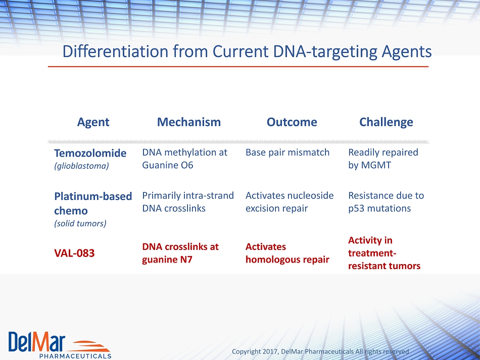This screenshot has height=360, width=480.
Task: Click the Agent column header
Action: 93,122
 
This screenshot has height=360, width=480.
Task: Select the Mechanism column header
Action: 189,122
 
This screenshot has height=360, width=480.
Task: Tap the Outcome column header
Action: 292,122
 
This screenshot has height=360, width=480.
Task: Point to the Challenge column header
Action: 386,122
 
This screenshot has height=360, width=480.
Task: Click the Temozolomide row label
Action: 90,153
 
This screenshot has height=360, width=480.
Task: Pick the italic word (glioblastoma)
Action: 82,166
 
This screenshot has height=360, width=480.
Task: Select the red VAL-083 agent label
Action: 74,253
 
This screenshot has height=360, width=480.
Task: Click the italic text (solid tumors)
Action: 80,223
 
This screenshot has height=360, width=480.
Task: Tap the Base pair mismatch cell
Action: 287,152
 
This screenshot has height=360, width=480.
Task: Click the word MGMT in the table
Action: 376,165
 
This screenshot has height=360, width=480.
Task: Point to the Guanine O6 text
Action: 168,165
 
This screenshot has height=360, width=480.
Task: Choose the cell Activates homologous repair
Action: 287,253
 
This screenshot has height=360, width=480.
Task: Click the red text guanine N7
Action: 167,260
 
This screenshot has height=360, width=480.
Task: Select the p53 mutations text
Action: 379,209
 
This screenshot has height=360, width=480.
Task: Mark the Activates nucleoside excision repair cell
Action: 290,202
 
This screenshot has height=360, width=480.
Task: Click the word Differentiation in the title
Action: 115,52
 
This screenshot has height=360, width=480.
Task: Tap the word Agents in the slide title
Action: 407,52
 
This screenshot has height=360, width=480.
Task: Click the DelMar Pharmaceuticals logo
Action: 60,345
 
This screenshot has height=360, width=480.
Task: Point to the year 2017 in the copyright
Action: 270,351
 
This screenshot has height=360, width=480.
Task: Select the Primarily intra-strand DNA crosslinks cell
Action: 188,202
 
